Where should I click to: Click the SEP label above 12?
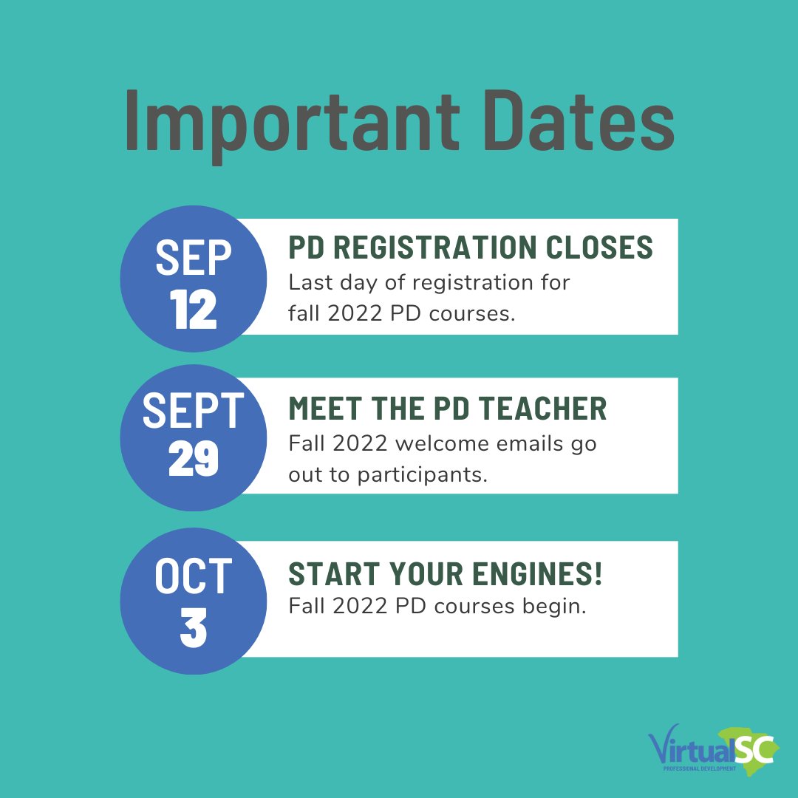click(x=194, y=258)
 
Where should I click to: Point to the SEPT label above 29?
click(x=194, y=412)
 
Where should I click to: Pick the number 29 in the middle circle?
click(x=194, y=459)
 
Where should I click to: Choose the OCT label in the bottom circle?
click(x=194, y=577)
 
